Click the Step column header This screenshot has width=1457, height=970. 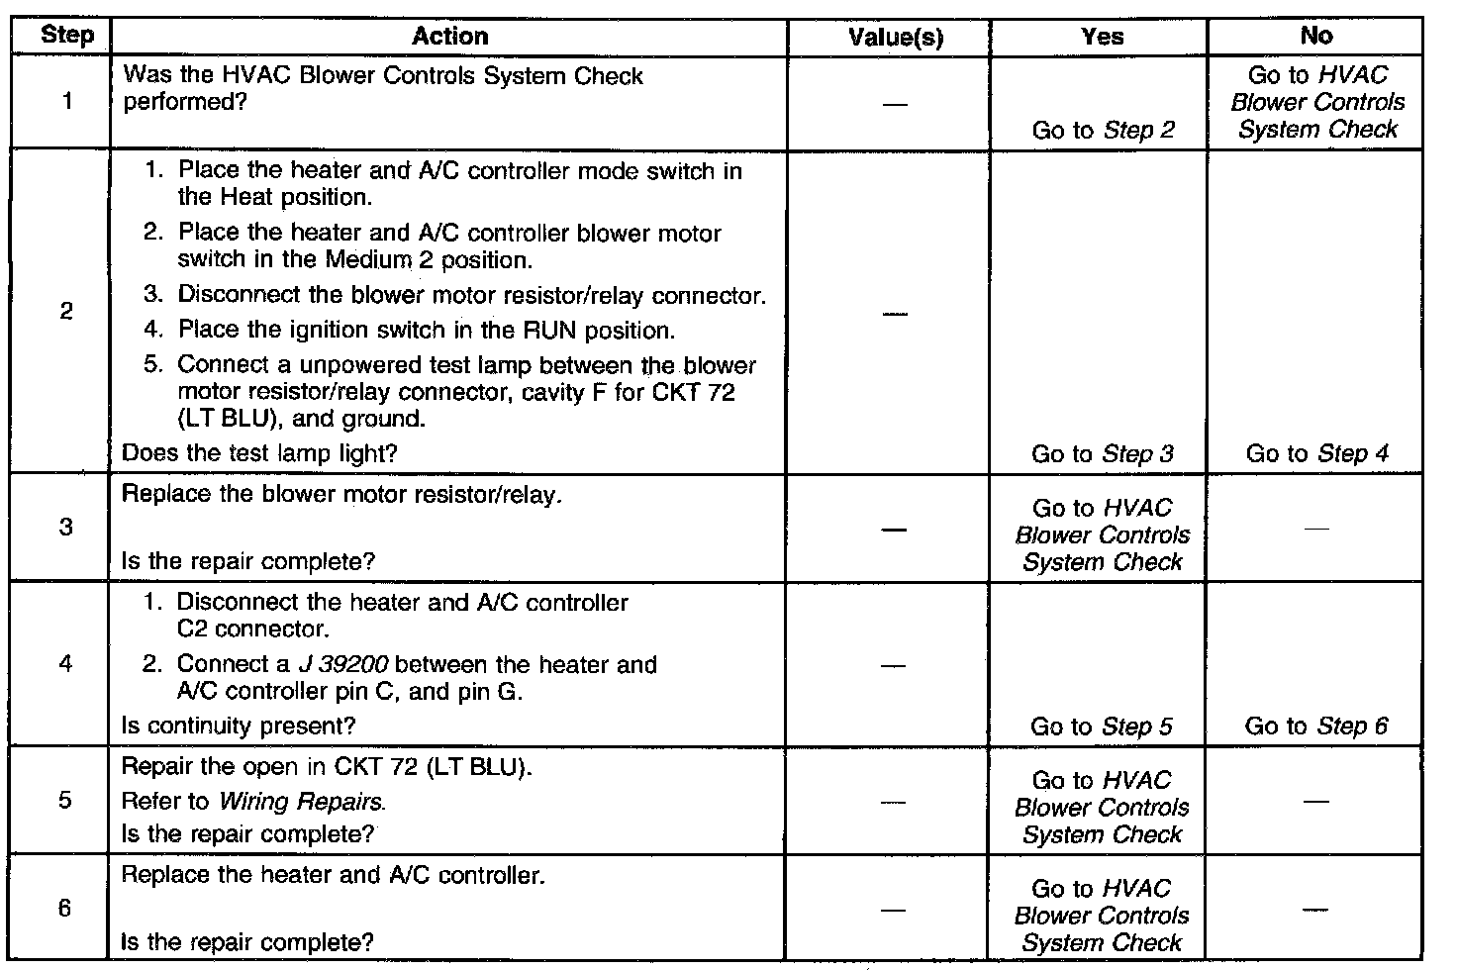[x=67, y=37]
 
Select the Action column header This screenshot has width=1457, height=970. [x=449, y=37]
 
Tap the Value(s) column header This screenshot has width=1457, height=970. [x=896, y=38]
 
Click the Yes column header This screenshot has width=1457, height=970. [x=1103, y=37]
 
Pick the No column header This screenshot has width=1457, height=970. [x=1315, y=36]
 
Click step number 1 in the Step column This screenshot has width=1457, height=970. [x=66, y=101]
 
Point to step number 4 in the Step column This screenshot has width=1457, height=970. [x=65, y=663]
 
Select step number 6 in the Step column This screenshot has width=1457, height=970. [x=65, y=908]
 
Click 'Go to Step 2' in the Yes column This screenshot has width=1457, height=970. [x=1103, y=130]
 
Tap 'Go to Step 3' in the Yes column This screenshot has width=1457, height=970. [x=1102, y=453]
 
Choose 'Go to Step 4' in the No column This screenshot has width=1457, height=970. [x=1316, y=453]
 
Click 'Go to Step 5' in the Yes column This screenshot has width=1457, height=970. [x=1101, y=727]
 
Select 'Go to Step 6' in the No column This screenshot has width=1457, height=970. [x=1315, y=726]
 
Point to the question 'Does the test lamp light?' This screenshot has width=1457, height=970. [x=259, y=453]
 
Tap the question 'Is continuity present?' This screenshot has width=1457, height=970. [x=238, y=726]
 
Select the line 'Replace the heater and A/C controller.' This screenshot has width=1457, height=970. [x=333, y=875]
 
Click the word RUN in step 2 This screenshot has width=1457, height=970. [x=550, y=330]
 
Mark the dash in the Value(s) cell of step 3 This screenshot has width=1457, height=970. [x=894, y=529]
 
